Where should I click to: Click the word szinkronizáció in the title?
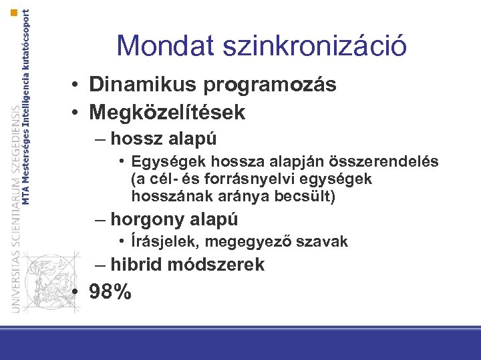(x=316, y=46)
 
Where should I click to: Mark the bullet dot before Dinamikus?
(x=78, y=86)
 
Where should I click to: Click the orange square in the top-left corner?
(x=13, y=13)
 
